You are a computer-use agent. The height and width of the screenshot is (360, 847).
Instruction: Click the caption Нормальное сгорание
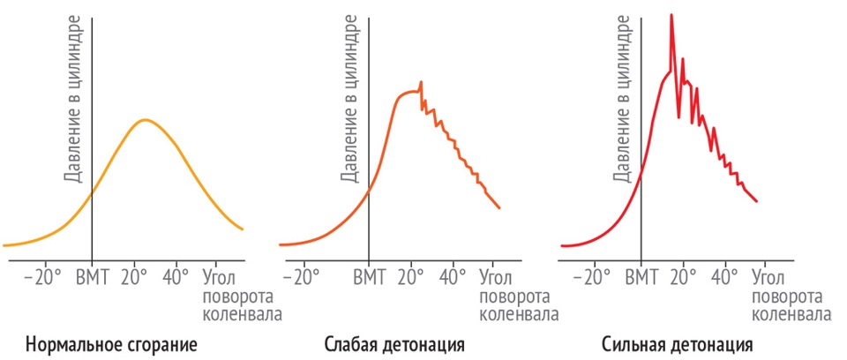tap(111, 343)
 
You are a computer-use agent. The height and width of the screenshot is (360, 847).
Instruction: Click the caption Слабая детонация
tap(394, 343)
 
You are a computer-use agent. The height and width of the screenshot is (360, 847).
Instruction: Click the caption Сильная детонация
tap(678, 343)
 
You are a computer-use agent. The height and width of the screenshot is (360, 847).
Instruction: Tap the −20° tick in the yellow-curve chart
tap(43, 276)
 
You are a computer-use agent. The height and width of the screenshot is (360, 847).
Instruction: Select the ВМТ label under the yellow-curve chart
tap(92, 276)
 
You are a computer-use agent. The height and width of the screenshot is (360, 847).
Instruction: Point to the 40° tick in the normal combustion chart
tap(176, 276)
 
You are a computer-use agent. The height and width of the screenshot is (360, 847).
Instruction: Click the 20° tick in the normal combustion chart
tap(135, 276)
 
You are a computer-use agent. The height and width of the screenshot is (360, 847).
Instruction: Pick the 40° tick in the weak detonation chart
tap(453, 276)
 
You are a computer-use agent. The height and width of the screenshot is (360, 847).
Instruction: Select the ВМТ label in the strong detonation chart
tap(641, 276)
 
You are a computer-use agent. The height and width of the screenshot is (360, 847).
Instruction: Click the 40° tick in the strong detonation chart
tap(725, 276)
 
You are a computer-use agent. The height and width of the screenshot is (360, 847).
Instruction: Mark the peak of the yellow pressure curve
tap(146, 119)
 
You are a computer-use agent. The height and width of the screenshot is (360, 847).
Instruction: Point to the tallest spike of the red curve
tap(671, 15)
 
